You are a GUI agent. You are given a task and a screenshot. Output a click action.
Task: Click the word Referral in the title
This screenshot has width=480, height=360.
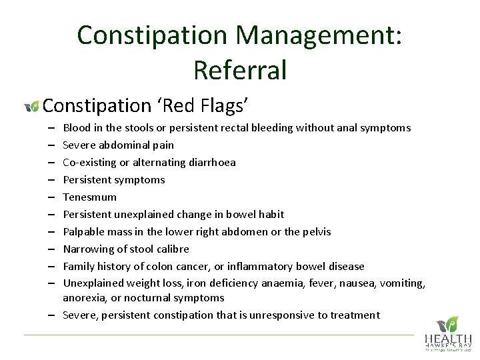click(x=240, y=69)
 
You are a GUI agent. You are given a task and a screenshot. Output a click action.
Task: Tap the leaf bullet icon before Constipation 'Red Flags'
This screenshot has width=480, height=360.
click(x=31, y=106)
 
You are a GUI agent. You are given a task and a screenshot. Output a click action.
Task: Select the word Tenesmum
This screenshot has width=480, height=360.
click(x=89, y=197)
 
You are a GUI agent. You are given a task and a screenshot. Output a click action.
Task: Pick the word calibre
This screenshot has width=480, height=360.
click(x=173, y=249)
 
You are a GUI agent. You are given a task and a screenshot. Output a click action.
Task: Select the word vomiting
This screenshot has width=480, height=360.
click(x=402, y=283)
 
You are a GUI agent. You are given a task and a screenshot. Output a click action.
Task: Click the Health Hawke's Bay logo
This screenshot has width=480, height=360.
click(x=448, y=333)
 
